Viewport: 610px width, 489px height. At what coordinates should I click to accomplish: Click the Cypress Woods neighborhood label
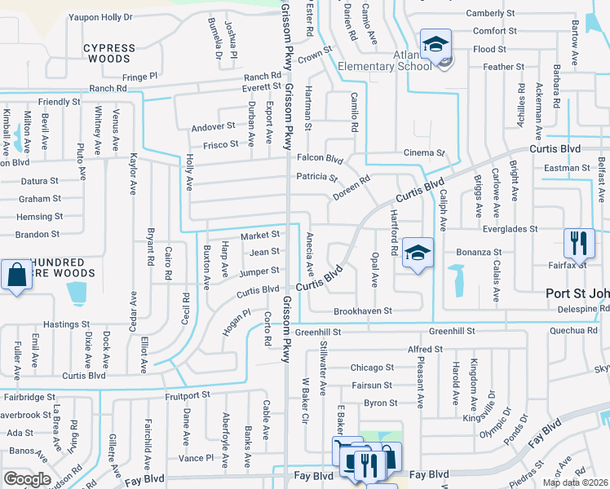tap(109, 54)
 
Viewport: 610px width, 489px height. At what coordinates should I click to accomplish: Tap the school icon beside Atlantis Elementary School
tap(435, 44)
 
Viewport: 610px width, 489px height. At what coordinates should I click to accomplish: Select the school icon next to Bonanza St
tap(417, 253)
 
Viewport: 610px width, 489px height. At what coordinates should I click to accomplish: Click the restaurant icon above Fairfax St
tap(578, 242)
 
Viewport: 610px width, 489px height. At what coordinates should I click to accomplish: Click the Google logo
tap(27, 479)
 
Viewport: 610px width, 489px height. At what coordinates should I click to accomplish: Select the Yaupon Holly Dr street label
tap(100, 16)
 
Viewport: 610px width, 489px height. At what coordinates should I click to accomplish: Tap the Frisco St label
tap(221, 144)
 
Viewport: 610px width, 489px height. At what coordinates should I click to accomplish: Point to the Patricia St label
tap(316, 177)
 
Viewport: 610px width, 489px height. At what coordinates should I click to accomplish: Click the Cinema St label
tap(424, 153)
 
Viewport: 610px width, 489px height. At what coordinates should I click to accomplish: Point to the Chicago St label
tap(372, 368)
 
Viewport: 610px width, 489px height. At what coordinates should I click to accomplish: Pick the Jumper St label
tap(260, 271)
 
